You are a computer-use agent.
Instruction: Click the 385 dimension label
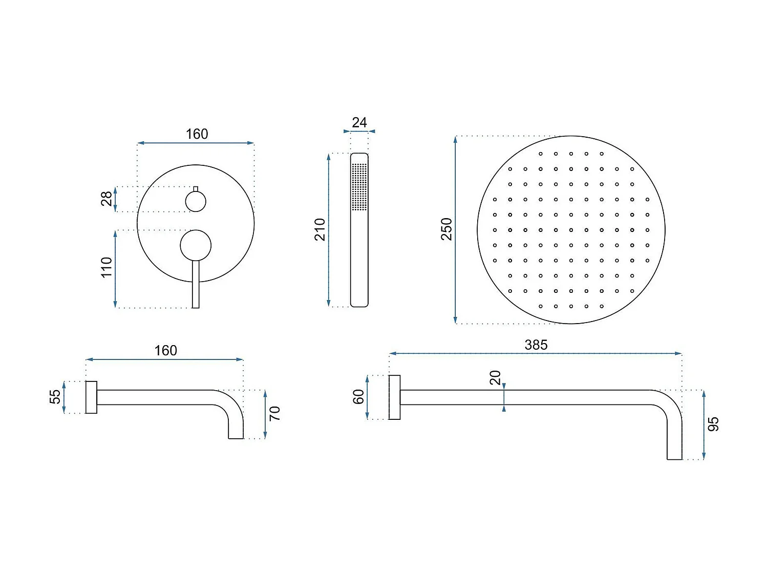point(536,345)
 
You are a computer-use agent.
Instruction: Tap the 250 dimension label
point(446,229)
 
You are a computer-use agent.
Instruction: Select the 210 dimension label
point(320,230)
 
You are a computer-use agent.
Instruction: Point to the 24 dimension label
point(359,122)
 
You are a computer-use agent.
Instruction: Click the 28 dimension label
point(106,199)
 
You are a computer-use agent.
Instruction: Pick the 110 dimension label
point(106,268)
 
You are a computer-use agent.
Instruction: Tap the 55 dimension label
point(55,397)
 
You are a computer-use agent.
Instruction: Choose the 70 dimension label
point(274,414)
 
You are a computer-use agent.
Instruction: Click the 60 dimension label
point(358,397)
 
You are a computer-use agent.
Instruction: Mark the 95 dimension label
point(713,424)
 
